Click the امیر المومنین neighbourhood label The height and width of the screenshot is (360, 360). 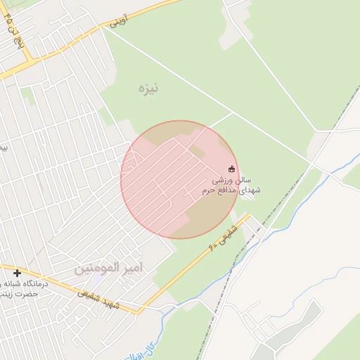[x=108, y=268]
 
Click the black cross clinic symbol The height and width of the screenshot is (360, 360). [x=17, y=273]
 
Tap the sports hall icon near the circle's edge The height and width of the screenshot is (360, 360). [x=232, y=167]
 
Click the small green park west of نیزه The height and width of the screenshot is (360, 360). [x=28, y=95]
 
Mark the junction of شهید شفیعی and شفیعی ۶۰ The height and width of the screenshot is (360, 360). [x=140, y=310]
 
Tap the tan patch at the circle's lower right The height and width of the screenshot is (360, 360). [x=211, y=211]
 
